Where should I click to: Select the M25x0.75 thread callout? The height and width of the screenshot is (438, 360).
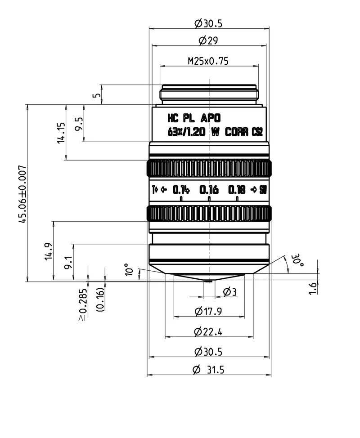click(208, 61)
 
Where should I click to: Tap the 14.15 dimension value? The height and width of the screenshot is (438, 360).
click(62, 133)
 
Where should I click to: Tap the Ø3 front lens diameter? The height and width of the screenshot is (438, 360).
click(229, 293)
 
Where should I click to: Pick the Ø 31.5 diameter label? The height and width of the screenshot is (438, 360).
click(208, 370)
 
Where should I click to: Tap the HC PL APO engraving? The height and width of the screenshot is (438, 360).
click(194, 119)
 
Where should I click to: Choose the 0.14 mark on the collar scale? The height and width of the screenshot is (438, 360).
click(181, 190)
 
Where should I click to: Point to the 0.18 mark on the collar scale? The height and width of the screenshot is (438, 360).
click(237, 190)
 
